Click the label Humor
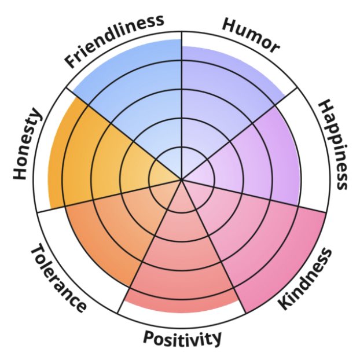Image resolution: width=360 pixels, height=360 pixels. (251, 35)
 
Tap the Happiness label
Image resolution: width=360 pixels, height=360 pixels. (333, 145)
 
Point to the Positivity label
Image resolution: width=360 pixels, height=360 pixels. (182, 337)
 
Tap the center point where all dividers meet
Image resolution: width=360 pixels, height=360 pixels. (182, 180)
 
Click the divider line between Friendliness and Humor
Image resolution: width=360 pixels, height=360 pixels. (182, 87)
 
